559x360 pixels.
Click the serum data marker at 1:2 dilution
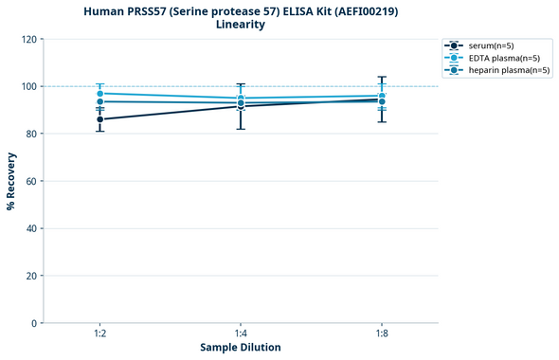click(100, 119)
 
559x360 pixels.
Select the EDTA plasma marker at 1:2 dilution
click(100, 94)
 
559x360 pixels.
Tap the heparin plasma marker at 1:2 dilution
click(100, 101)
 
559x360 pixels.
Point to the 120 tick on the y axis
click(30, 39)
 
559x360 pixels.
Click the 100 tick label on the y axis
click(30, 86)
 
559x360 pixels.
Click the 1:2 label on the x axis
click(100, 333)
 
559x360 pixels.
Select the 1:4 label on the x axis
click(241, 333)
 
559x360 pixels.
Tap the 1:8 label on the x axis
click(381, 333)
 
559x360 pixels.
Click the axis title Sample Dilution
click(241, 348)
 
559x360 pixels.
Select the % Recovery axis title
click(11, 181)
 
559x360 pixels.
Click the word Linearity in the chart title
click(241, 25)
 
